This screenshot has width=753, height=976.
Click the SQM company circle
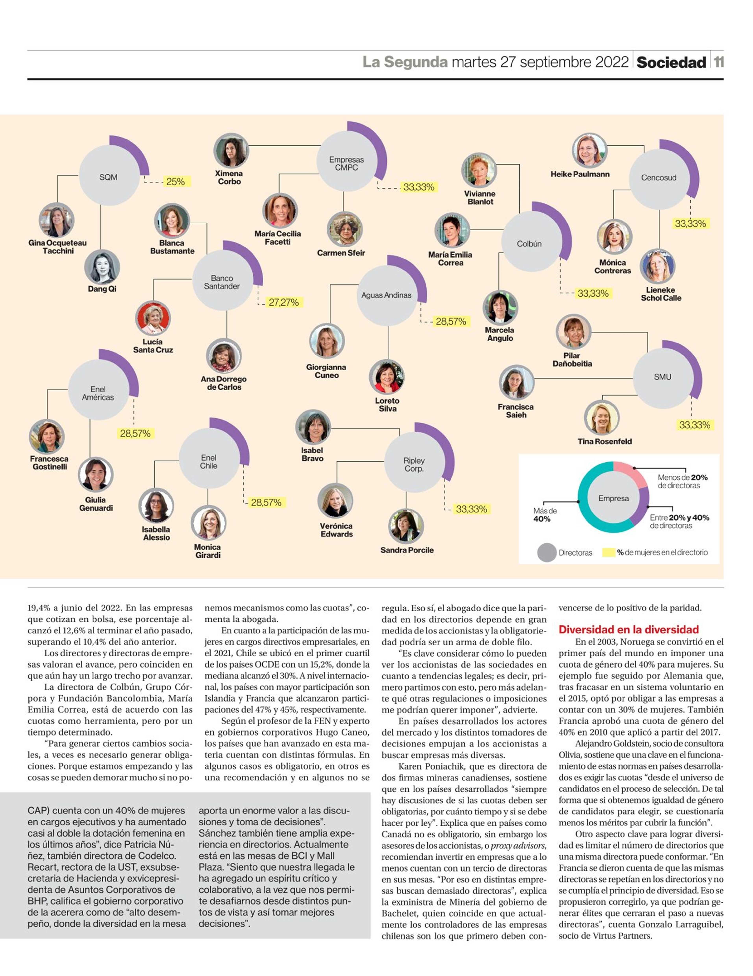click(x=109, y=177)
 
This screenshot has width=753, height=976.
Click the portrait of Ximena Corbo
click(x=231, y=150)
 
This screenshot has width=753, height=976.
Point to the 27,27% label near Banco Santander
click(x=283, y=303)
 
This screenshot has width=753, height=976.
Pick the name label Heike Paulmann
click(x=580, y=174)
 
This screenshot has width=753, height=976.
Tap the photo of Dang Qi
click(x=102, y=267)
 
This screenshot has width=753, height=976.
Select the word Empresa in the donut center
click(x=613, y=498)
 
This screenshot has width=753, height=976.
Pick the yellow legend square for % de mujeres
click(x=609, y=552)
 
